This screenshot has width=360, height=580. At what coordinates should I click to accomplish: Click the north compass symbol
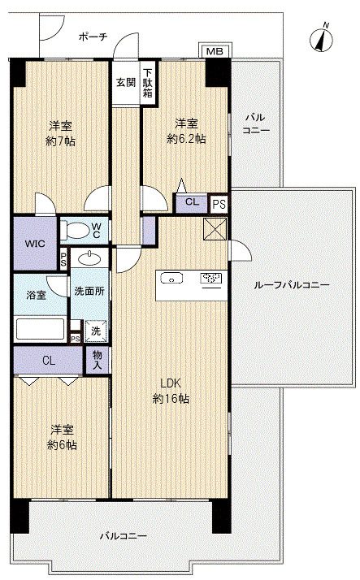322,38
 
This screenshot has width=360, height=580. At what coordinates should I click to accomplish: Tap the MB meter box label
215,51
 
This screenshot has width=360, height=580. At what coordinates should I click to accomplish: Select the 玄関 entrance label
126,82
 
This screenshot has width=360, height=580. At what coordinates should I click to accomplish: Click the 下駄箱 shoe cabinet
148,83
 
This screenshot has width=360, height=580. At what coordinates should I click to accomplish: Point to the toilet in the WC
75,231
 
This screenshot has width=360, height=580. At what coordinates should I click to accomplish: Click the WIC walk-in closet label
35,244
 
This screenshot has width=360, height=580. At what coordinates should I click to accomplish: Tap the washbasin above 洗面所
89,258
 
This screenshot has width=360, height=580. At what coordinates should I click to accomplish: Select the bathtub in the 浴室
40,329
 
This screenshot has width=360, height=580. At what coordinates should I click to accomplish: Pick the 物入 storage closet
98,360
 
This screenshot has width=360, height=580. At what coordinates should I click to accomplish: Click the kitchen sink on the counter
171,278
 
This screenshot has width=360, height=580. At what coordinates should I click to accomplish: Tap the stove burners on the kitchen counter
210,278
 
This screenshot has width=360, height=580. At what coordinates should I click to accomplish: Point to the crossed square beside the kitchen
215,228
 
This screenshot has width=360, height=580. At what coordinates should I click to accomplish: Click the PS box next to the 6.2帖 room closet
219,204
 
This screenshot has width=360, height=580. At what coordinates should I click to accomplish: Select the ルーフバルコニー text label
291,285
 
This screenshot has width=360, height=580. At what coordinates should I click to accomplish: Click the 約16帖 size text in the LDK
171,398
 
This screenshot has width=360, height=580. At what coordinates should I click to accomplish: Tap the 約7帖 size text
61,141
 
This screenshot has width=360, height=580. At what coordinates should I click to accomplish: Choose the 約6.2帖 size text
186,139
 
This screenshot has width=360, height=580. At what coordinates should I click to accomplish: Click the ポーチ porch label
93,37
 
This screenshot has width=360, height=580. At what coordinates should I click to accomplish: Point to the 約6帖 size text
62,444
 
